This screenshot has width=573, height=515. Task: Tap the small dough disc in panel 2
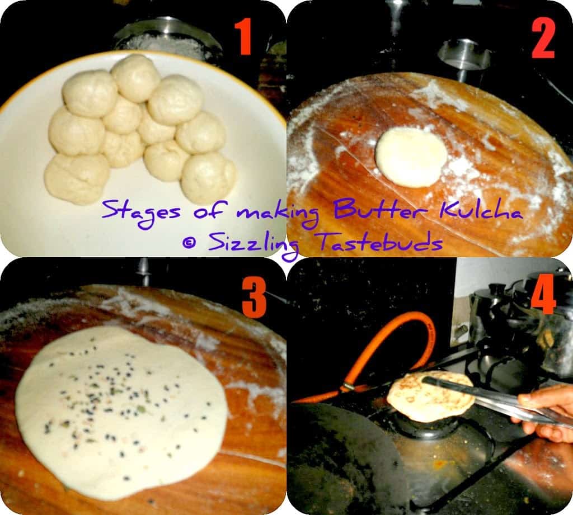[411, 158]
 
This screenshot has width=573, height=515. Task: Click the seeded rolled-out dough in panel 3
[121, 412]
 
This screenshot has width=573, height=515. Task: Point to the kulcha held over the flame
[431, 396]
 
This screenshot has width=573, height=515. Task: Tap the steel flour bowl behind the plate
[167, 39]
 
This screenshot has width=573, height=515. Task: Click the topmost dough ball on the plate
[136, 78]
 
